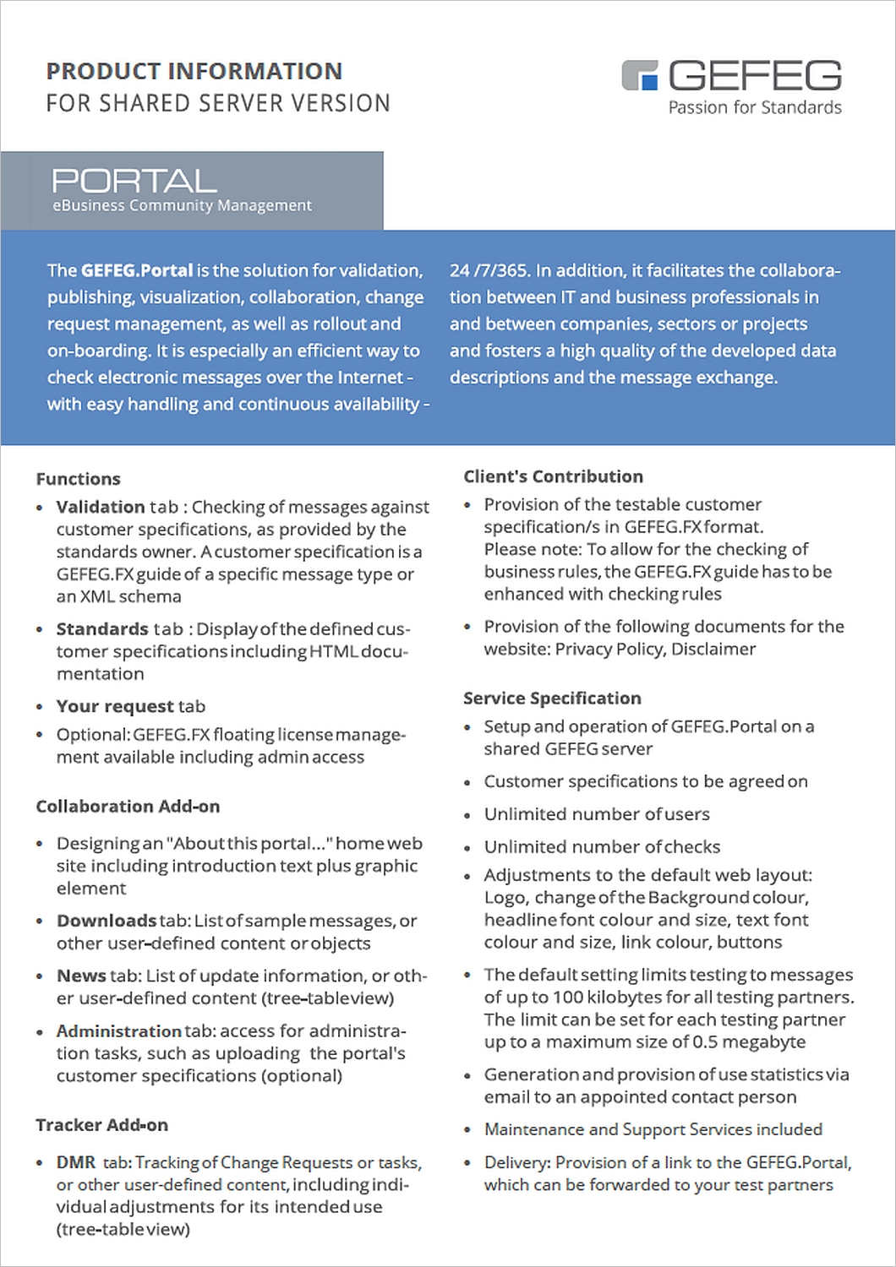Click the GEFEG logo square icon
tap(640, 74)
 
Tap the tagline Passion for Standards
tap(755, 107)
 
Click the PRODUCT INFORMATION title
tap(194, 71)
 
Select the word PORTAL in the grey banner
tap(134, 180)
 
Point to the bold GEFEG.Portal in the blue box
tap(137, 270)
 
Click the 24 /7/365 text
tap(489, 270)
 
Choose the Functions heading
tap(78, 479)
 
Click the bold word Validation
tap(101, 507)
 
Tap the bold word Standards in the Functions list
tap(102, 629)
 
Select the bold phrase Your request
tap(115, 706)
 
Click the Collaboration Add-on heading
tap(128, 807)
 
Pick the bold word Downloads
tap(107, 921)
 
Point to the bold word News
tap(81, 976)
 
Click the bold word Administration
tap(119, 1031)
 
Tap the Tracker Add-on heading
tap(101, 1125)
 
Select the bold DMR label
tap(76, 1162)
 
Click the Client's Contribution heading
tap(553, 476)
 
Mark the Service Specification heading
tap(552, 699)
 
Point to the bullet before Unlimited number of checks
tap(467, 848)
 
